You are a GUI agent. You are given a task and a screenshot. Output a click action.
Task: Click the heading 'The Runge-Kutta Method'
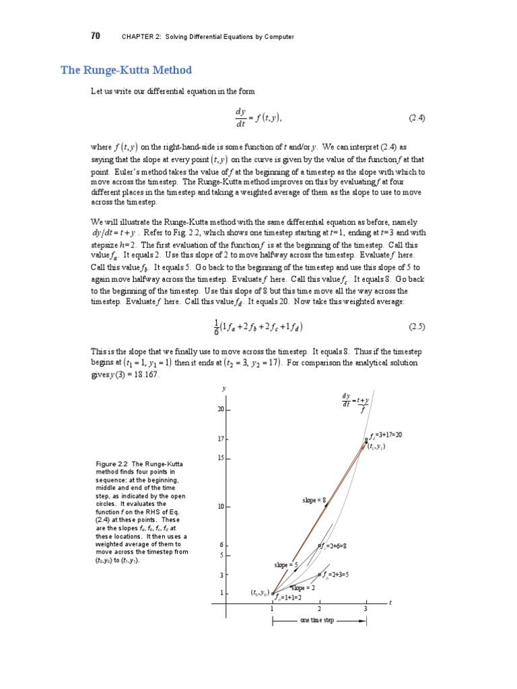pyautogui.click(x=127, y=70)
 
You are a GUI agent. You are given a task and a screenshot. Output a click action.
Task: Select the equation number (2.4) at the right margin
pyautogui.click(x=417, y=118)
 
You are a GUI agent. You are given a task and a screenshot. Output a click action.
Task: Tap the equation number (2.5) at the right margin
pyautogui.click(x=417, y=327)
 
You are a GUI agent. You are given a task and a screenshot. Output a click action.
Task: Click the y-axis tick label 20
pyautogui.click(x=219, y=408)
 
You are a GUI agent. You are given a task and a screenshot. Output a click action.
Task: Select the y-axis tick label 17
pyautogui.click(x=219, y=439)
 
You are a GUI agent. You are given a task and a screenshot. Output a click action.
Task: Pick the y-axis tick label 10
pyautogui.click(x=219, y=506)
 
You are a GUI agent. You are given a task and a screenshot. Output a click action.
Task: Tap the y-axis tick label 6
pyautogui.click(x=221, y=545)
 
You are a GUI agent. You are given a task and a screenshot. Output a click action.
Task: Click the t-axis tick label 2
pyautogui.click(x=319, y=609)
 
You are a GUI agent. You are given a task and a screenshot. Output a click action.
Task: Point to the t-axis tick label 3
pyautogui.click(x=366, y=609)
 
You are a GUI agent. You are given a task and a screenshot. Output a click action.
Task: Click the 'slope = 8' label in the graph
pyautogui.click(x=314, y=501)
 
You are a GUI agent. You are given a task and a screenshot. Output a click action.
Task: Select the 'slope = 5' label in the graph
pyautogui.click(x=285, y=565)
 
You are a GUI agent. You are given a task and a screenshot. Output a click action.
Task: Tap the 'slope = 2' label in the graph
pyautogui.click(x=303, y=587)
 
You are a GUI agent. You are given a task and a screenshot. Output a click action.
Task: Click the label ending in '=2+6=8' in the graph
pyautogui.click(x=334, y=546)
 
